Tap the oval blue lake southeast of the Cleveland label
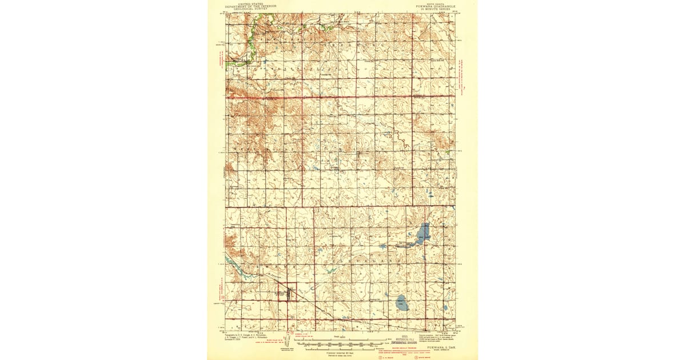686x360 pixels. pos(401,302)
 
